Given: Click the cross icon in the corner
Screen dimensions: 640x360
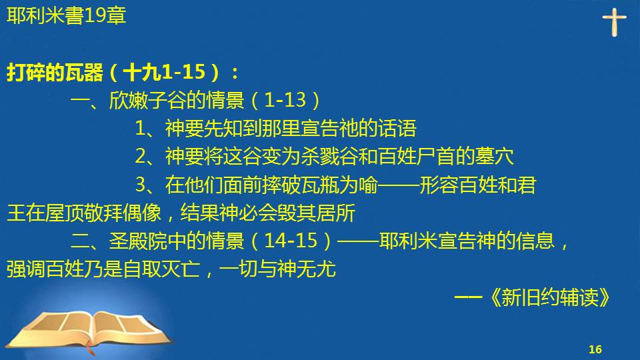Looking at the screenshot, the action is click(614, 23).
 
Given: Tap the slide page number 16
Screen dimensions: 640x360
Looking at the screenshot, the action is click(595, 349).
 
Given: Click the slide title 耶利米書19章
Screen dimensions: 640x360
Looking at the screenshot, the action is click(67, 16).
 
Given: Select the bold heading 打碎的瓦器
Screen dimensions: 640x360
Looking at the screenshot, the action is click(55, 73).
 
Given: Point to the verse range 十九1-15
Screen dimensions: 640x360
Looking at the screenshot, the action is click(164, 72).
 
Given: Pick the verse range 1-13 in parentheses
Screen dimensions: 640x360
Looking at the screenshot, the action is click(285, 101).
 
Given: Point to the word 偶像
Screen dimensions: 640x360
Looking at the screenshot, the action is click(142, 213).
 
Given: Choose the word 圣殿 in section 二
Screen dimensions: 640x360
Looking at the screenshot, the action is click(128, 241).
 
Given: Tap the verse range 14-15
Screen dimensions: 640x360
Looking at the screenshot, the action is click(291, 241).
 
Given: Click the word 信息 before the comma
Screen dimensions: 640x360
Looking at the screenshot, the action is click(535, 241).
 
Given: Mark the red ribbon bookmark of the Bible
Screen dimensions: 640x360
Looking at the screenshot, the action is click(89, 349).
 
